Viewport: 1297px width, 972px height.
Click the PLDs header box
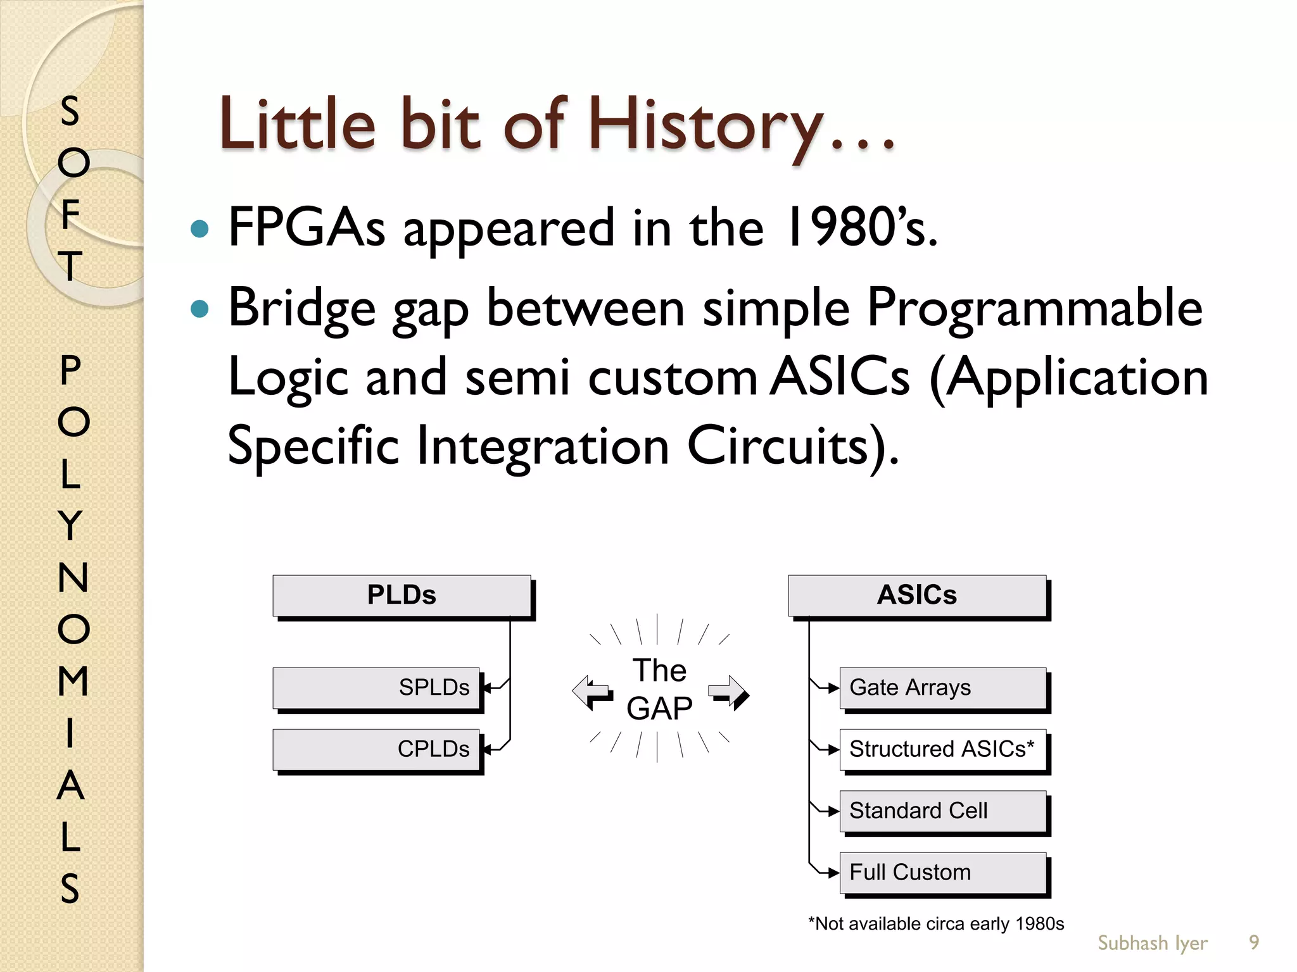[402, 595]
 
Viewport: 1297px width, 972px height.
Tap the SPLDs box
[376, 688]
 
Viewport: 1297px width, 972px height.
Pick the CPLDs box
[376, 749]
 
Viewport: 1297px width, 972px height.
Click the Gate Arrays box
[942, 688]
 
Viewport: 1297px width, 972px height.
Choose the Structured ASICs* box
[942, 749]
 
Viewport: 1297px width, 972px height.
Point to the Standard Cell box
[942, 811]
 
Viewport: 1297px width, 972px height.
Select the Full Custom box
[942, 873]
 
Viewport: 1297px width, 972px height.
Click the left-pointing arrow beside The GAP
[592, 692]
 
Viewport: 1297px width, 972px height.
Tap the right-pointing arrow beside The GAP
[729, 692]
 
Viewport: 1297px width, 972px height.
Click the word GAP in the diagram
[659, 708]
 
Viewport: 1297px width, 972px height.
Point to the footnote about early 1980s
[936, 924]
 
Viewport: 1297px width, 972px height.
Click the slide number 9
[1253, 943]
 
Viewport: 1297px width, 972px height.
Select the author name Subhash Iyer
[1152, 943]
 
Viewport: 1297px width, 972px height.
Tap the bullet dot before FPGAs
[199, 228]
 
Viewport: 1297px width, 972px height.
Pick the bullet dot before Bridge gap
[199, 309]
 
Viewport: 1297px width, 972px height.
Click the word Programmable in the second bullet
[1034, 309]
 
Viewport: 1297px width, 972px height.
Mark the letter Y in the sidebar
[71, 525]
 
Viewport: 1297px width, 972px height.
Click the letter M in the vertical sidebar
[72, 681]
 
